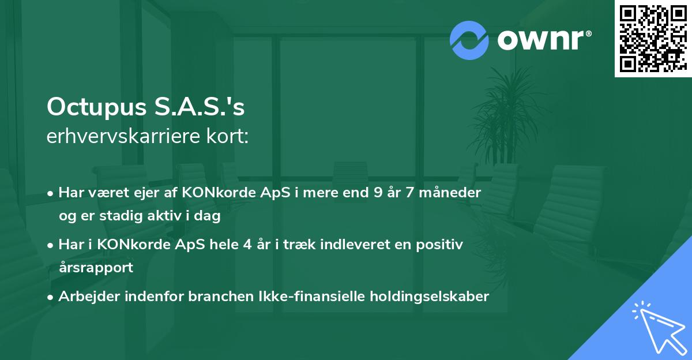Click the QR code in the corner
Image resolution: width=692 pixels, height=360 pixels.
[653, 39]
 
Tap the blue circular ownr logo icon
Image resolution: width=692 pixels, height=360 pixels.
[469, 40]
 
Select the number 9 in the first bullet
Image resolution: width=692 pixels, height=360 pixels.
[378, 193]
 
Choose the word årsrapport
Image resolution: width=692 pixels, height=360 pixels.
[96, 267]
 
